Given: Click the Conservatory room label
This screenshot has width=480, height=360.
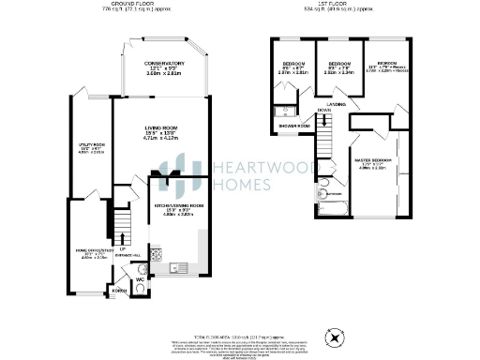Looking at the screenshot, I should coord(164,63).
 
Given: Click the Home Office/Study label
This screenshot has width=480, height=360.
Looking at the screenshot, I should coord(90,251).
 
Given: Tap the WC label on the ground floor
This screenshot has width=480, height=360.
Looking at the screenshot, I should coord(139,278).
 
